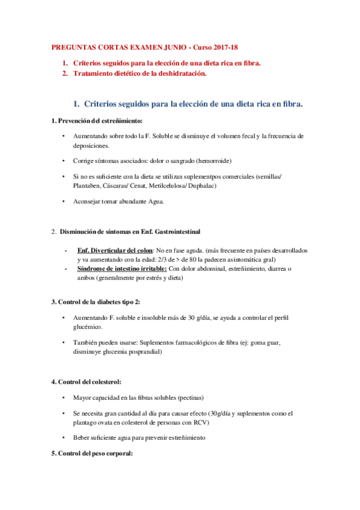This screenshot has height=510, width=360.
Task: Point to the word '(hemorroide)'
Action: (x=212, y=161)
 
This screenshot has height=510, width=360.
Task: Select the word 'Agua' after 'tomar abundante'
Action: (x=151, y=201)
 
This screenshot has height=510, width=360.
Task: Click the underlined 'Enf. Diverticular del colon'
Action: (x=115, y=250)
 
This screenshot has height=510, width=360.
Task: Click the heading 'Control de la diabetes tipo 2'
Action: (x=99, y=301)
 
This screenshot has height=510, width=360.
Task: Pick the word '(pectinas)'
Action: (x=188, y=398)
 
